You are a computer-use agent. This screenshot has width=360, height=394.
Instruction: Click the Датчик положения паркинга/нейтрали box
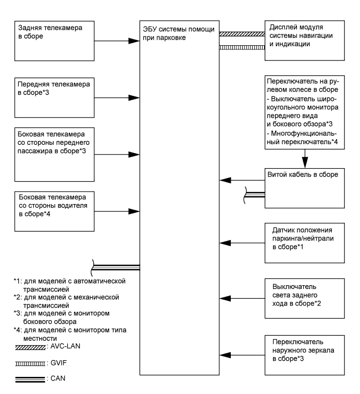[304, 242]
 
